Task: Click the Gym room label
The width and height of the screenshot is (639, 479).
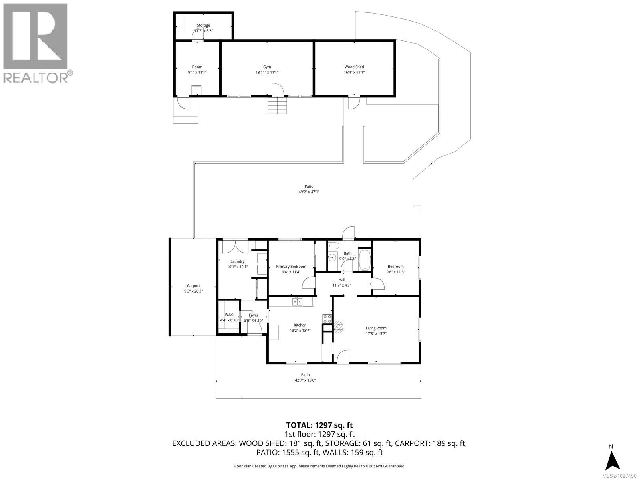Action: tap(267, 67)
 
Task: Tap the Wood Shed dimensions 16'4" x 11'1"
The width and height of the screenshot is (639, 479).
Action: tap(354, 73)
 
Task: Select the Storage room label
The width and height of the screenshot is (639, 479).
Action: tap(203, 25)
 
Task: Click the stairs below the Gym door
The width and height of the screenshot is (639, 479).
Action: tap(277, 106)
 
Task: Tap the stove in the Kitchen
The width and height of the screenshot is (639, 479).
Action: tap(327, 319)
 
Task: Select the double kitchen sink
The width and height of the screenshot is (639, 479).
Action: tap(297, 302)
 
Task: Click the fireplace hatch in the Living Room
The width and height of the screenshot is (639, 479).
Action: tap(339, 327)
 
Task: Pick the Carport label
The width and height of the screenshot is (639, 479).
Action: tap(193, 286)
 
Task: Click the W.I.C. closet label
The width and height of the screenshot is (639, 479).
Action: tap(229, 315)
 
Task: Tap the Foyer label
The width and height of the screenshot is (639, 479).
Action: tap(254, 315)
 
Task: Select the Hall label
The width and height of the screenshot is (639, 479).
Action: tap(341, 280)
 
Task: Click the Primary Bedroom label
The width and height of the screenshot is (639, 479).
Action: tap(291, 267)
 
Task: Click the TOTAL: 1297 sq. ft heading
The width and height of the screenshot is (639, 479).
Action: tap(319, 426)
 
